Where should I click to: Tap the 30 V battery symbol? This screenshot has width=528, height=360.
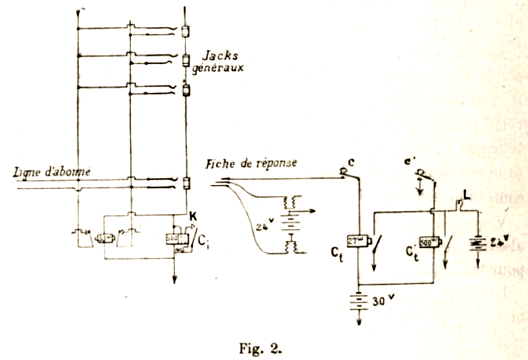358,302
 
